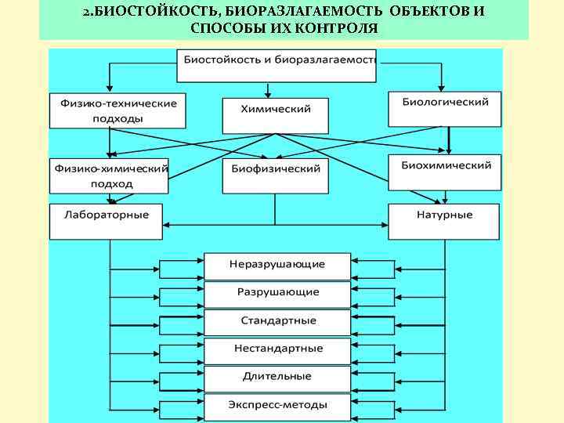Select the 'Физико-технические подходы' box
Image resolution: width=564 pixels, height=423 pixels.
[117, 110]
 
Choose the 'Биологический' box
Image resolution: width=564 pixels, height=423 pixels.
[445, 108]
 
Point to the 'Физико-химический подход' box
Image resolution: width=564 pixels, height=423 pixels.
[109, 175]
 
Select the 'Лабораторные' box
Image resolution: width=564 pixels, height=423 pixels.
[107, 221]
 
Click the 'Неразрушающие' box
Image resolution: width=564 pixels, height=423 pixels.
[277, 266]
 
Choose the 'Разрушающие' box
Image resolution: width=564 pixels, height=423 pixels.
[277, 293]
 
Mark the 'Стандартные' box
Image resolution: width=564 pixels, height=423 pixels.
[277, 321]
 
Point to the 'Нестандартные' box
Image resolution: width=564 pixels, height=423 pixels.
[277, 349]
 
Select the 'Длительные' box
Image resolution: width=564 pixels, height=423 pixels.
[277, 377]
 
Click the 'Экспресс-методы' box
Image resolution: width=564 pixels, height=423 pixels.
[277, 405]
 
